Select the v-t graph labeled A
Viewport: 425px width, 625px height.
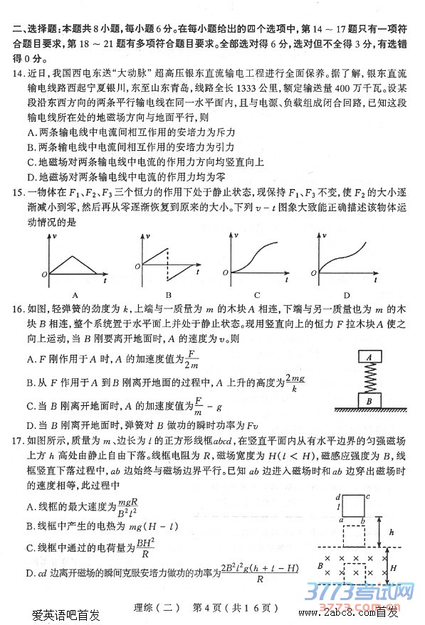pos(75,260)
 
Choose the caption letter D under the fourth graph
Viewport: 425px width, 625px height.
pos(347,294)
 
